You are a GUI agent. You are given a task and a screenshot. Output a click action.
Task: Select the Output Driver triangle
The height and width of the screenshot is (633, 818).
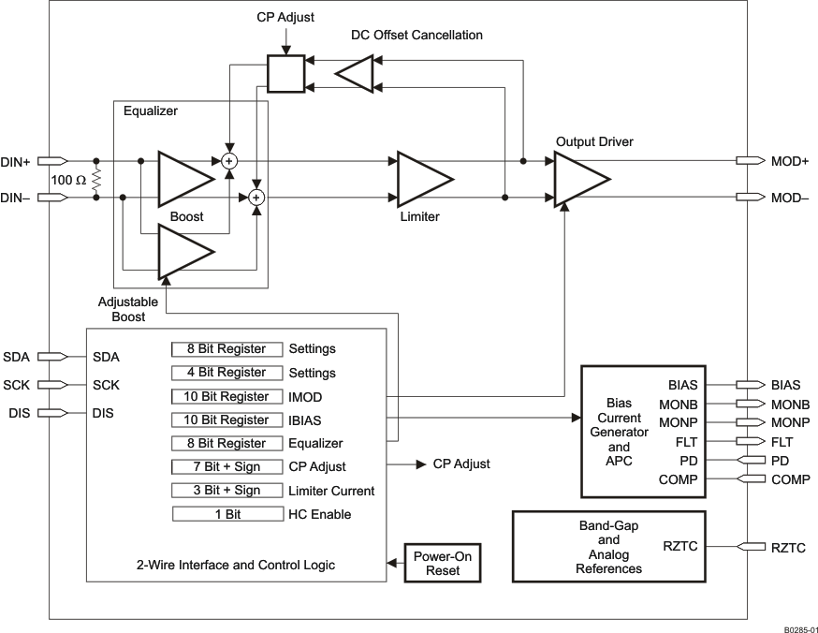pyautogui.click(x=578, y=179)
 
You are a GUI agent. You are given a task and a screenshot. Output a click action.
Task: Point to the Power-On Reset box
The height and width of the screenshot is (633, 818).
pyautogui.click(x=443, y=563)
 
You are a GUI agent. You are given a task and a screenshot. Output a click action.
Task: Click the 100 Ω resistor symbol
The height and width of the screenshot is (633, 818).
pyautogui.click(x=96, y=179)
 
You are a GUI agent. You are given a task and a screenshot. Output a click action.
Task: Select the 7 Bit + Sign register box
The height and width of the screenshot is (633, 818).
pyautogui.click(x=227, y=466)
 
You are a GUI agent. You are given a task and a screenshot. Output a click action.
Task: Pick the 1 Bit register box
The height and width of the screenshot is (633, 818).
pyautogui.click(x=227, y=514)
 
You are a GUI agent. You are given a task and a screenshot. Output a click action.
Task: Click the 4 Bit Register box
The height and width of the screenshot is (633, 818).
pyautogui.click(x=227, y=373)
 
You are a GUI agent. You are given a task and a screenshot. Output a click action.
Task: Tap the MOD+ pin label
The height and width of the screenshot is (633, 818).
pyautogui.click(x=789, y=161)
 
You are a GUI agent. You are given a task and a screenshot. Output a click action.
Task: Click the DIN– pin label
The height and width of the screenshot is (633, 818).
pyautogui.click(x=17, y=198)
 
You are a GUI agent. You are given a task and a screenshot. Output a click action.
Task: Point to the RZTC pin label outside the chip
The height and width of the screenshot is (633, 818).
pyautogui.click(x=788, y=548)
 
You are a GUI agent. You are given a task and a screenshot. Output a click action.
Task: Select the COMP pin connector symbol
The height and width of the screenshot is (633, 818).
pyautogui.click(x=749, y=479)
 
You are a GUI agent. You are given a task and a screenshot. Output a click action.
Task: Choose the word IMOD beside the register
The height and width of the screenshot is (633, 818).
pyautogui.click(x=306, y=396)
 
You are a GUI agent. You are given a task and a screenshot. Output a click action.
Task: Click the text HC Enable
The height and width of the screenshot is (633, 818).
pyautogui.click(x=320, y=514)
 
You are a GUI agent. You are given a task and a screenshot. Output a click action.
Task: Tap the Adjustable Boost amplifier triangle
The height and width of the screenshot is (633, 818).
pyautogui.click(x=183, y=253)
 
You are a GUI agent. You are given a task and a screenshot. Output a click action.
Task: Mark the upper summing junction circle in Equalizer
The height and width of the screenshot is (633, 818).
pyautogui.click(x=228, y=161)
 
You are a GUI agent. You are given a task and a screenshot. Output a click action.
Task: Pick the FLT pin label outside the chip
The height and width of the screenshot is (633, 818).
pyautogui.click(x=781, y=440)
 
